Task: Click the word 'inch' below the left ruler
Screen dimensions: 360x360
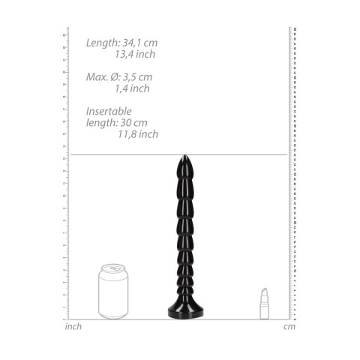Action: coord(74,326)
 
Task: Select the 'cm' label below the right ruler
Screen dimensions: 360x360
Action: coord(289,326)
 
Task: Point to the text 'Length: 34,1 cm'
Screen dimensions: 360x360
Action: coord(121,43)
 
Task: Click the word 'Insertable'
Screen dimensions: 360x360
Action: coord(109,112)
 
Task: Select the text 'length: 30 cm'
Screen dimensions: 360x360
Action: coord(118,123)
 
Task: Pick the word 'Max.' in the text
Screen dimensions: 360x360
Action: coord(96,77)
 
